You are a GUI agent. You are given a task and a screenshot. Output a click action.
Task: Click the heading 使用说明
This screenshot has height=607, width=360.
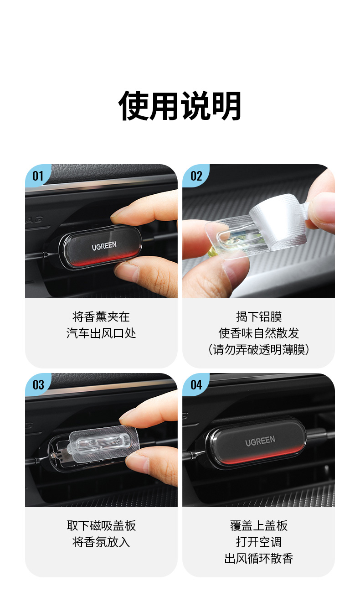click(180, 106)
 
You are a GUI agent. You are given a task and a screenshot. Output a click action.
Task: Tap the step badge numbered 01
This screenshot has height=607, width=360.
click(37, 176)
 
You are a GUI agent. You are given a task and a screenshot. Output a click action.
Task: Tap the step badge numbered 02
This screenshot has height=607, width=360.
click(195, 176)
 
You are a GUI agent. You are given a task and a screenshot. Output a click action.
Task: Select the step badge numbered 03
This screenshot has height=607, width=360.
click(37, 384)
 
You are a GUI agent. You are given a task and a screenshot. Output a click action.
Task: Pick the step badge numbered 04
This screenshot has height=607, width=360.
click(195, 384)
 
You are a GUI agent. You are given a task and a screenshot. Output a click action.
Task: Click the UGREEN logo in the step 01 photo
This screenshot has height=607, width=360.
click(104, 246)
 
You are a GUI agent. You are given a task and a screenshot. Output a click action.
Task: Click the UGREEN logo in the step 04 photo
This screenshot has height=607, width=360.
click(260, 441)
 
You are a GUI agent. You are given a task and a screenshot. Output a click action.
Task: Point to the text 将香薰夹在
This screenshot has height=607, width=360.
click(101, 316)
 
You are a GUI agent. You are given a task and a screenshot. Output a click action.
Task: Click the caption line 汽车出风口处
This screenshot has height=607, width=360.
click(101, 333)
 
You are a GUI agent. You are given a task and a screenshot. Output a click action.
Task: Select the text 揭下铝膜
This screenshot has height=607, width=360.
click(259, 316)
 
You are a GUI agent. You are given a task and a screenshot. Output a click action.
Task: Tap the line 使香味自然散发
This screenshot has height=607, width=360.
click(259, 333)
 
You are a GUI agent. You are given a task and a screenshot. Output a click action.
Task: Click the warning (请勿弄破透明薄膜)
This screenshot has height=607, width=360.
click(259, 349)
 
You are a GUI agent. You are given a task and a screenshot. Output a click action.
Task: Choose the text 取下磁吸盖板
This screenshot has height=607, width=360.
click(101, 525)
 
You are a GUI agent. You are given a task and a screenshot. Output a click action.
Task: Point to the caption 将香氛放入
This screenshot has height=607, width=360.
click(101, 542)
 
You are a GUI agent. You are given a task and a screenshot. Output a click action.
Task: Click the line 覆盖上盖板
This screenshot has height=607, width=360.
click(259, 525)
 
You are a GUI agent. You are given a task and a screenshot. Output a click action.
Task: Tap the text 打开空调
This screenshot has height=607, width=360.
click(259, 542)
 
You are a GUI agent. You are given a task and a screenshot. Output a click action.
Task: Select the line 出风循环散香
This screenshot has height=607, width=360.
click(259, 558)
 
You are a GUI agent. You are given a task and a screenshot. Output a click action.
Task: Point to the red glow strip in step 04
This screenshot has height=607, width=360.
click(255, 457)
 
